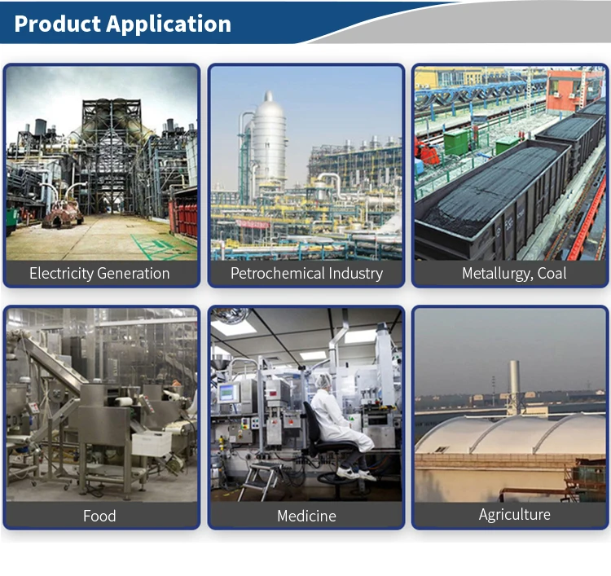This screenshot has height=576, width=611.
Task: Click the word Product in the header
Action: click(x=57, y=24)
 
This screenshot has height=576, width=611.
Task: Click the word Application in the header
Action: click(x=169, y=24)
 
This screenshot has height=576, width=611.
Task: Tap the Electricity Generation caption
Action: click(x=99, y=273)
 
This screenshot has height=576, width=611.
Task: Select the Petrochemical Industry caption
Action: click(x=306, y=273)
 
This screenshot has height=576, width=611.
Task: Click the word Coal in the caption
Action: click(x=552, y=273)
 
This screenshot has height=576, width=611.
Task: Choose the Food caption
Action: click(x=99, y=516)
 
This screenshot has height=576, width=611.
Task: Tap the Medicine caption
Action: click(x=306, y=516)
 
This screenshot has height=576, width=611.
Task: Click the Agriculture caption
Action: click(x=514, y=515)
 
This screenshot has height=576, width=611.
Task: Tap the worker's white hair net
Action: click(x=323, y=380)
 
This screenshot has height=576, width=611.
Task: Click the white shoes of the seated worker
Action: click(x=356, y=473)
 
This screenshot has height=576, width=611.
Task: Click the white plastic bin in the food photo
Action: click(x=152, y=443)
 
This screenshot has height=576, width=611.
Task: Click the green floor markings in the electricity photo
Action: click(x=162, y=246)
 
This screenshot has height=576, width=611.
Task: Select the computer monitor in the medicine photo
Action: click(x=229, y=393)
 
